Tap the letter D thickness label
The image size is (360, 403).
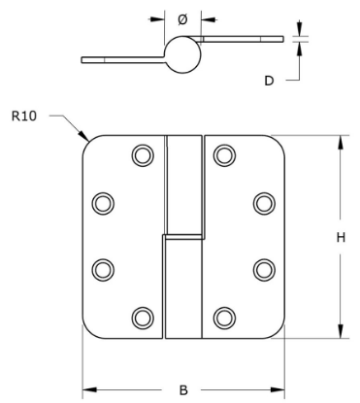click(269, 81)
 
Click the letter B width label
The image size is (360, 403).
click(184, 390)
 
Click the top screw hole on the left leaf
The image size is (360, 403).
click(143, 154)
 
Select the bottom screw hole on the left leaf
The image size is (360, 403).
click(143, 317)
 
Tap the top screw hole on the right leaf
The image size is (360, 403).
click(224, 154)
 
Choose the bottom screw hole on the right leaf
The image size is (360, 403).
click(224, 317)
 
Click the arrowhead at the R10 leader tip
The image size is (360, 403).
click(86, 137)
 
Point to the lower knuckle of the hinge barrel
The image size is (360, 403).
click(181, 286)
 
